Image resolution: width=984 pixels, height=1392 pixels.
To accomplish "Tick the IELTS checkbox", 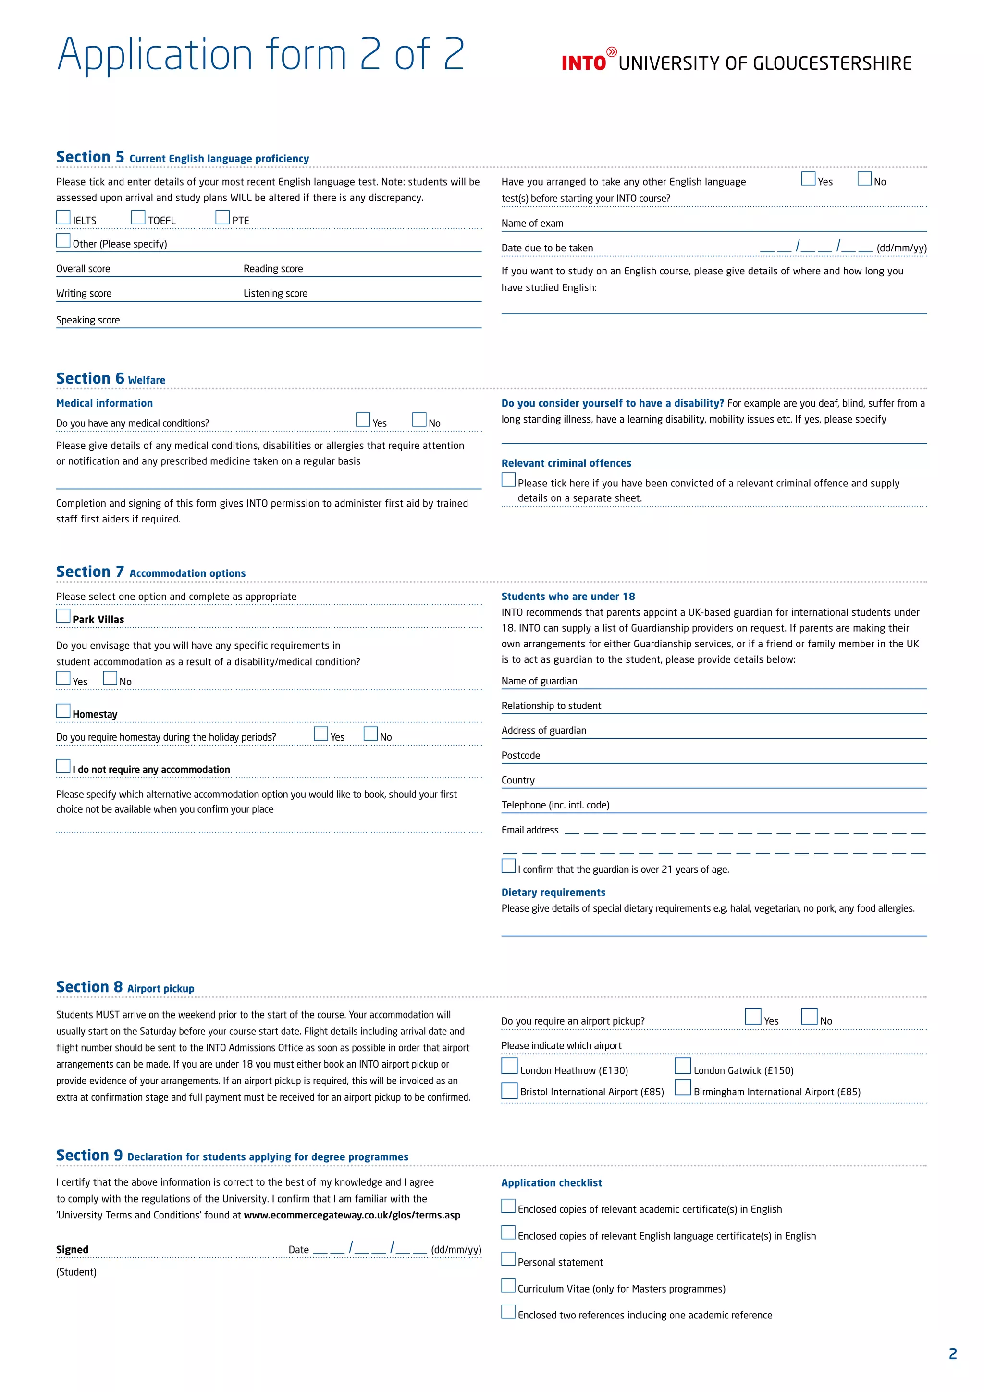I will point(63,217).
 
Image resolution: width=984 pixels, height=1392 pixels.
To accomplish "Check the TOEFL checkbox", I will point(138,217).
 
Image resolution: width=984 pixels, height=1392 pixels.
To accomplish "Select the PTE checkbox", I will point(222,217).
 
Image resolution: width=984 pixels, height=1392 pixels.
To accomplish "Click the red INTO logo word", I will point(583,63).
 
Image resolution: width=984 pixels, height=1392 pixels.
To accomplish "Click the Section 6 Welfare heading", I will point(111,379).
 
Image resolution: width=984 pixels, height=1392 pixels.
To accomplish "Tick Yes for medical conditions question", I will point(363,420).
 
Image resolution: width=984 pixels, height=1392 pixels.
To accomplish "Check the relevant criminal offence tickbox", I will point(508,480).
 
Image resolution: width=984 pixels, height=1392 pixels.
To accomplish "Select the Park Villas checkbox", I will point(63,616).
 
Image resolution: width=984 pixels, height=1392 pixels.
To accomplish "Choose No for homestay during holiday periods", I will point(370,733).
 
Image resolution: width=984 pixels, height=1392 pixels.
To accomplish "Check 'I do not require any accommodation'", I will point(63,766).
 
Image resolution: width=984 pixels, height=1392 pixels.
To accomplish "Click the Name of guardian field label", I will point(539,681).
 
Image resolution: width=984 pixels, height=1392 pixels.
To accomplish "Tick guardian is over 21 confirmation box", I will point(508,866).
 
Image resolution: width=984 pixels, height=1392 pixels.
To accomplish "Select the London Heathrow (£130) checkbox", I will point(510,1066).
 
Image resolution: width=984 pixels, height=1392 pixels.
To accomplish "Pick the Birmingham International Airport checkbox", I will point(683,1088).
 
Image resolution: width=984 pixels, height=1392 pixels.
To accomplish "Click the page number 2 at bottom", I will point(952,1354).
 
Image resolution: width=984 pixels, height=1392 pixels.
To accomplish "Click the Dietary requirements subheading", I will point(553,893).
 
